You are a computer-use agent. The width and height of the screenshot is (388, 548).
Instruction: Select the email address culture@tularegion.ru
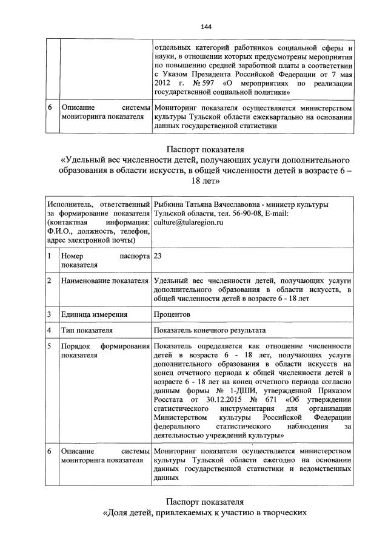coord(189,223)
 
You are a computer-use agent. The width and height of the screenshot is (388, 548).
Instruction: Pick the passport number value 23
coord(158,257)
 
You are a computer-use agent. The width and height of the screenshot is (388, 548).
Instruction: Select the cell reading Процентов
coord(173,315)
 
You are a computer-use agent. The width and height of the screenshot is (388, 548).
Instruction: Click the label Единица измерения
coord(94,315)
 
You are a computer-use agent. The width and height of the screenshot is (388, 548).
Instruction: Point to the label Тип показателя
coord(87,330)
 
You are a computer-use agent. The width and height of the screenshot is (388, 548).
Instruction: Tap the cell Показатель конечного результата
coord(210,330)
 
